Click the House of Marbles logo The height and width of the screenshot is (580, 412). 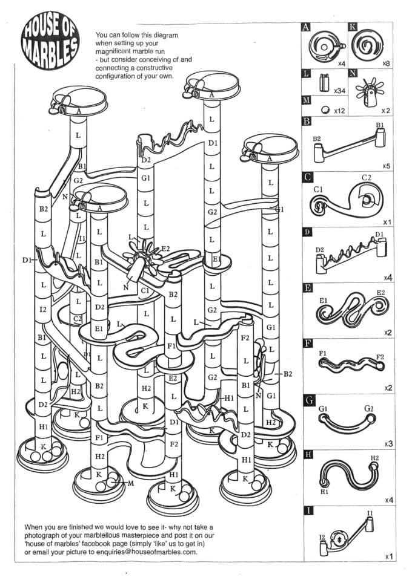click(x=50, y=42)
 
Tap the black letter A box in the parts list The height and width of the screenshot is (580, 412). click(x=307, y=27)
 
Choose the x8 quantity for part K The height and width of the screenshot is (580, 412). click(x=385, y=62)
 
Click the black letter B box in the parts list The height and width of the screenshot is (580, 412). click(x=307, y=121)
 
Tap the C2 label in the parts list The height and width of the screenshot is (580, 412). click(x=366, y=177)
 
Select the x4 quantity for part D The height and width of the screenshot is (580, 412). click(x=387, y=277)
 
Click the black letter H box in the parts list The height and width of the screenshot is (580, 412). click(x=307, y=455)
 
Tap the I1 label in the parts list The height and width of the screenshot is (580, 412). click(x=370, y=513)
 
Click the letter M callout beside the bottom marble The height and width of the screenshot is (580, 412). click(x=130, y=483)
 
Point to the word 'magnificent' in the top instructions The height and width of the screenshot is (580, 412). click(x=116, y=51)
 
